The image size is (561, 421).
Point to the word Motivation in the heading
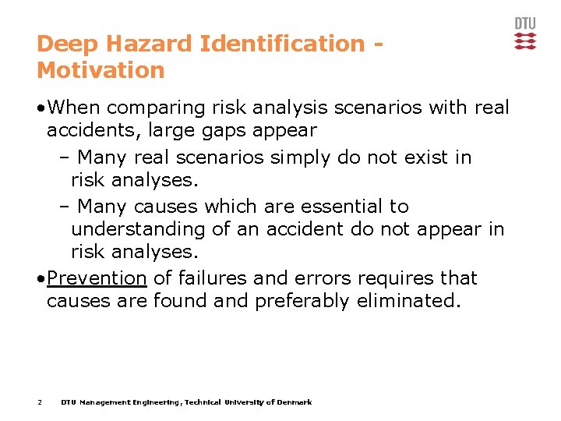point(101,71)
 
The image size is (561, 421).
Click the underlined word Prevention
point(97,278)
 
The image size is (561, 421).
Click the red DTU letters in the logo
point(525,23)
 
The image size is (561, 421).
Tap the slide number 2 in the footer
point(39,402)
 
